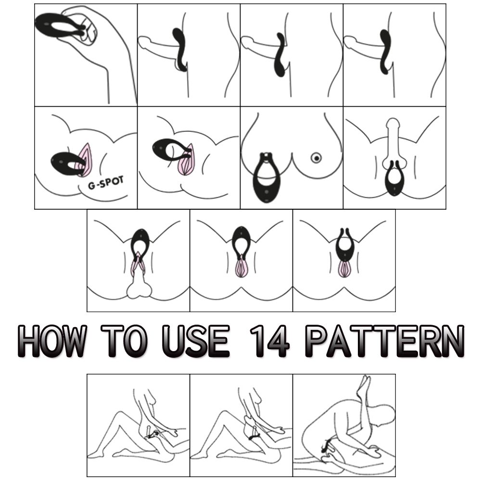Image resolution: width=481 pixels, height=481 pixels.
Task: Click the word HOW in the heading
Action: [52, 341]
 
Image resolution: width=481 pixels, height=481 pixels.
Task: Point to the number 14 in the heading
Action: [269, 341]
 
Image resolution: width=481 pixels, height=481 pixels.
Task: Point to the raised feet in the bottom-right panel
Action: [364, 385]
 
